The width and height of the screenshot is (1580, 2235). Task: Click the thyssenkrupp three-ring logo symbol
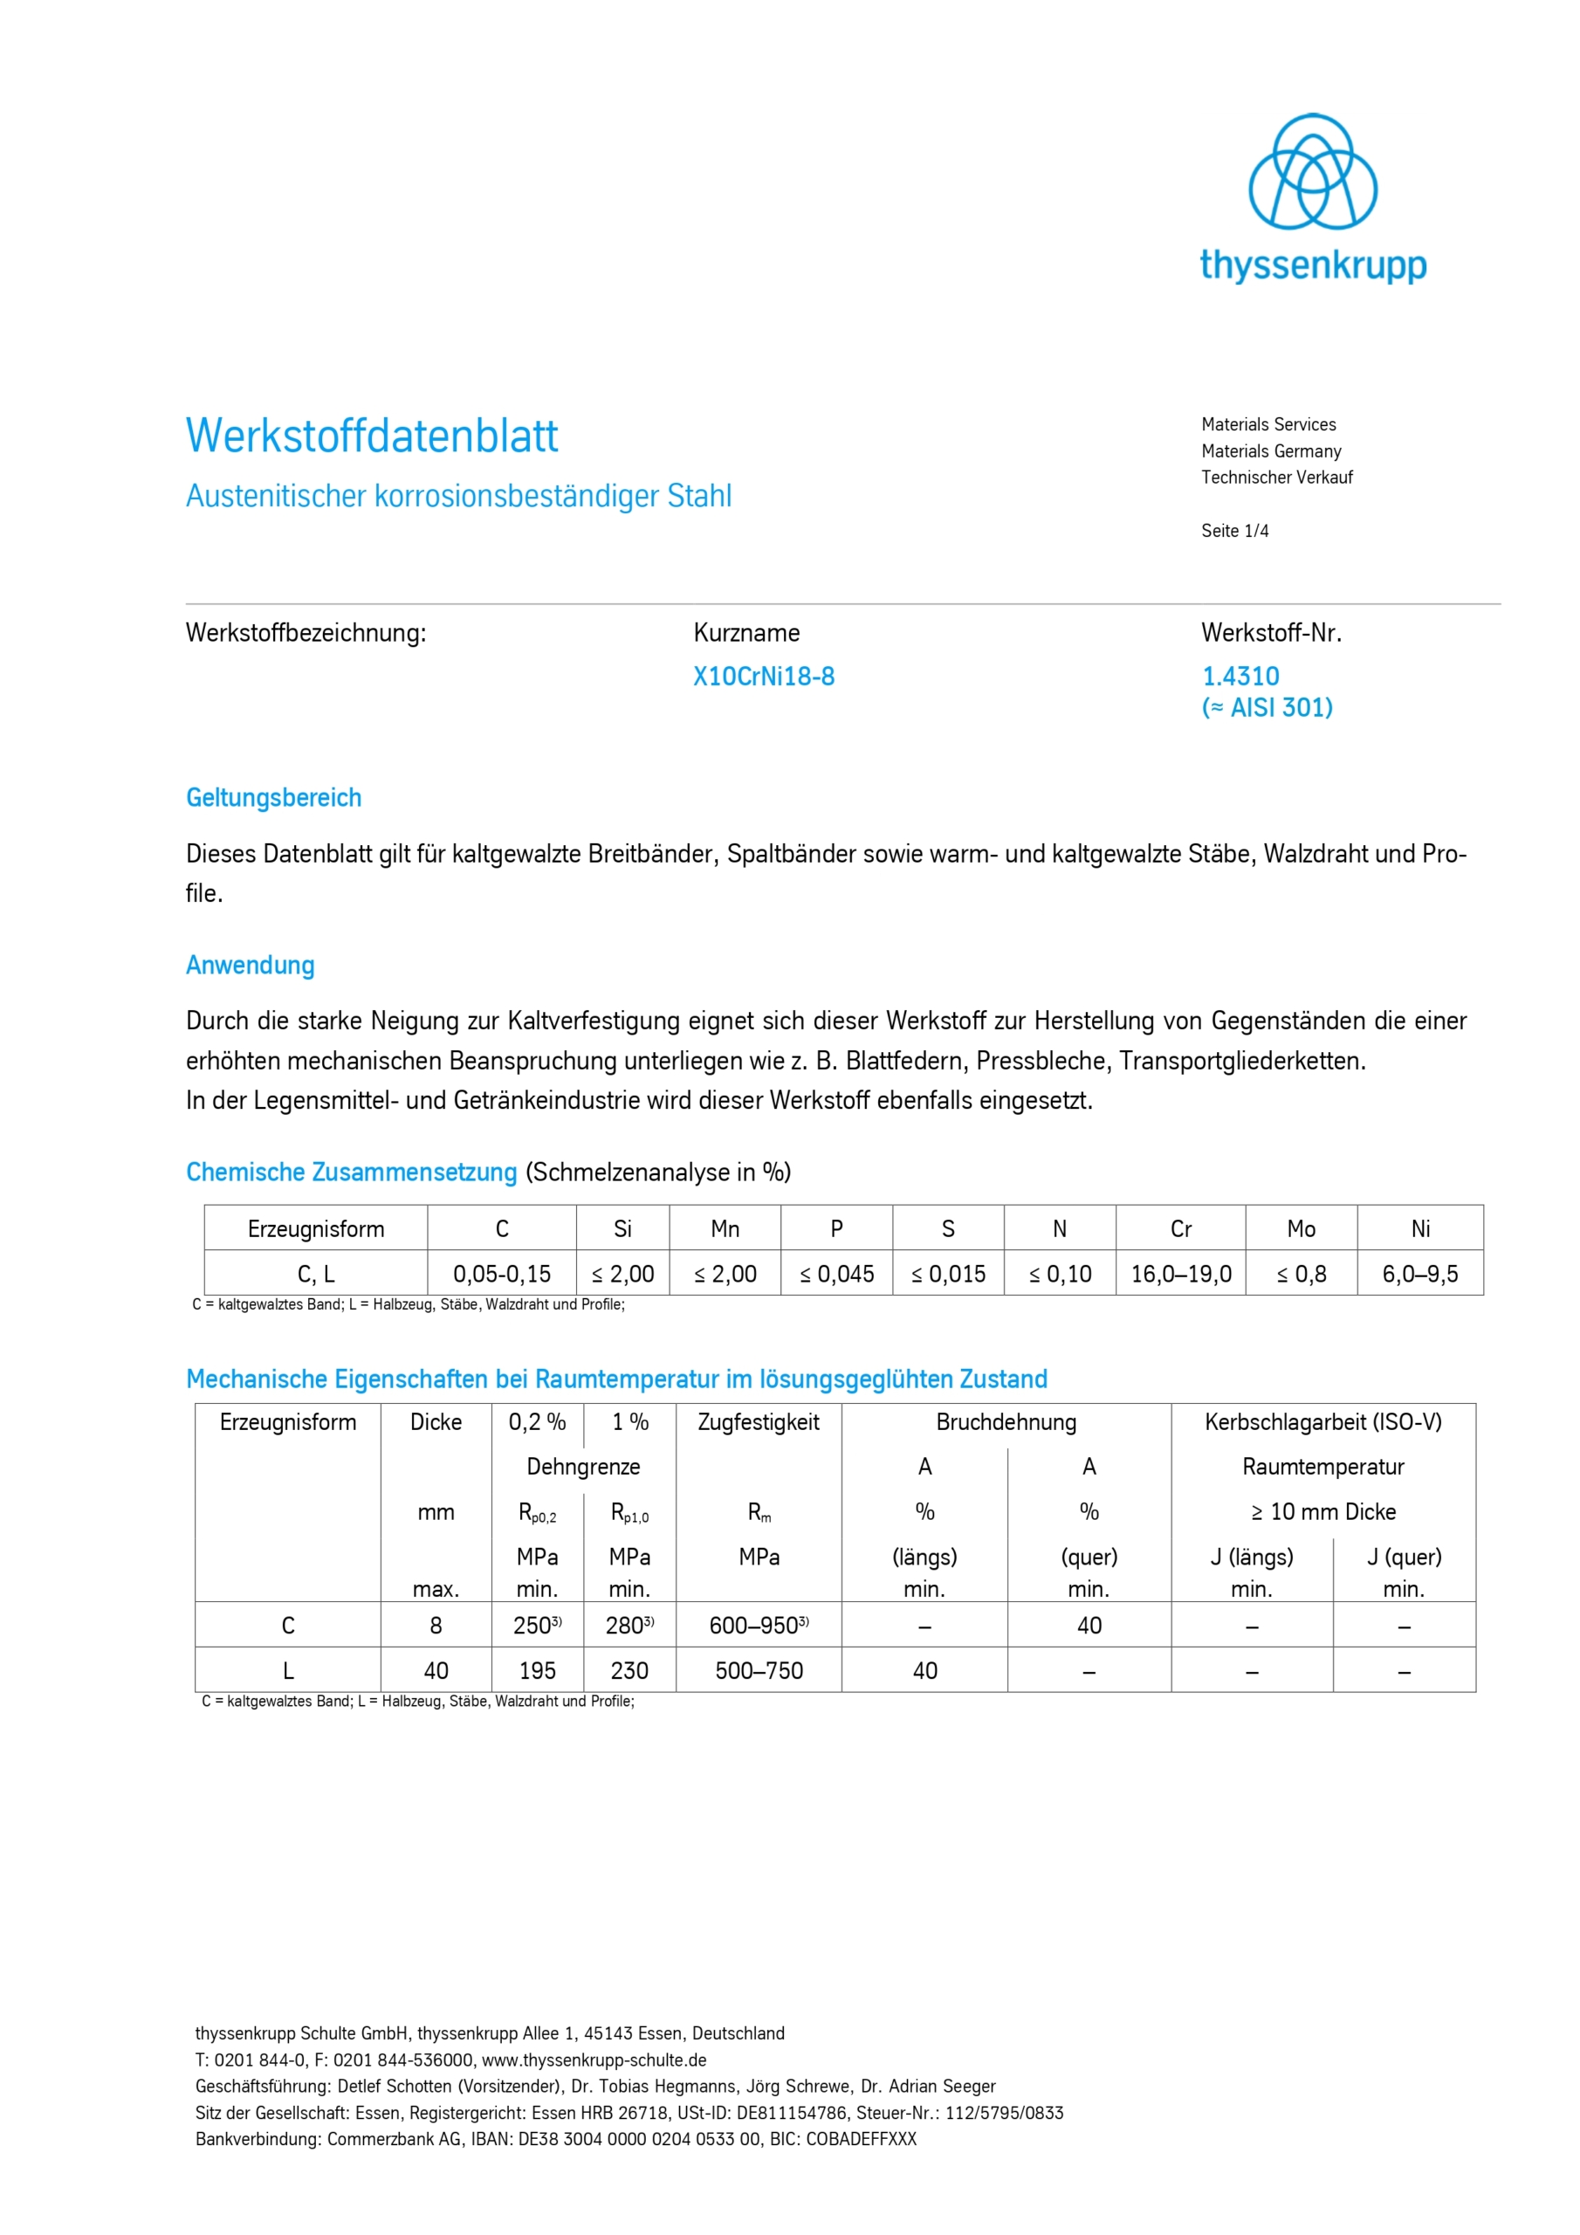click(1312, 172)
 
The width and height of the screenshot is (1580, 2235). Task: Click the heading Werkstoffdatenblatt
click(372, 437)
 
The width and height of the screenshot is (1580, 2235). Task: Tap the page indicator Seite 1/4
click(1234, 531)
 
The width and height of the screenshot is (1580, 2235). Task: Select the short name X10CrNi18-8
click(763, 677)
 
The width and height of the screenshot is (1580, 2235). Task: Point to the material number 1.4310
click(1240, 677)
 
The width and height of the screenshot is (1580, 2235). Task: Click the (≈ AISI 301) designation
click(1267, 708)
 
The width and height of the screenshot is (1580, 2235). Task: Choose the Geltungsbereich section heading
click(273, 798)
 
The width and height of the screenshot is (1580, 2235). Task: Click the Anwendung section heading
click(251, 966)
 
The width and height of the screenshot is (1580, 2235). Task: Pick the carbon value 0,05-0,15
click(501, 1275)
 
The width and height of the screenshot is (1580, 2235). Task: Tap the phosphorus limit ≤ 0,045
click(836, 1275)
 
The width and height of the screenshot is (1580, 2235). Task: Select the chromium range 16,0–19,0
click(1181, 1275)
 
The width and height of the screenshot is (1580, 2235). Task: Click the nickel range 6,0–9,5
click(1419, 1275)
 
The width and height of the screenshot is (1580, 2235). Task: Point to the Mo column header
click(1301, 1229)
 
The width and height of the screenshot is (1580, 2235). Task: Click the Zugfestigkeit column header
click(759, 1422)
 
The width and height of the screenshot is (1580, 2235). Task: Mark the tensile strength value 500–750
click(759, 1671)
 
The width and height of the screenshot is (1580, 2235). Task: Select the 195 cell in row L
click(538, 1671)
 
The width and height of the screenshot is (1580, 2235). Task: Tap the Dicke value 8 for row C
click(436, 1626)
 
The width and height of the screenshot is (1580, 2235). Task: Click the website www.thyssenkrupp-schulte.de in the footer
click(594, 2060)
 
